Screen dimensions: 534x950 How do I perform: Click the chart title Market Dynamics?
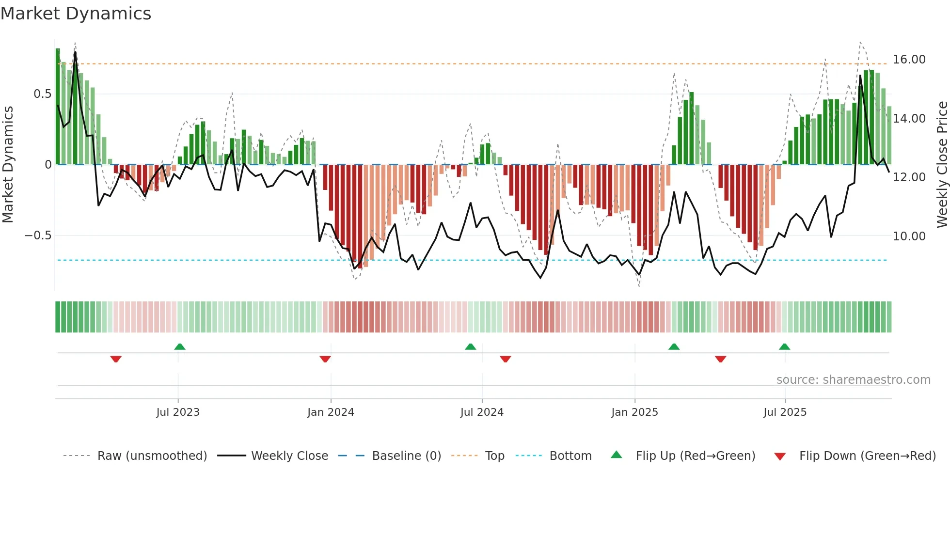click(x=76, y=14)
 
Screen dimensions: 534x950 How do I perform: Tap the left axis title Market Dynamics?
click(x=8, y=164)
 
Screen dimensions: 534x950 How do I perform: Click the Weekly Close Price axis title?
click(x=942, y=164)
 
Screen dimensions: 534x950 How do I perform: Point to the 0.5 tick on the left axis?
click(x=42, y=94)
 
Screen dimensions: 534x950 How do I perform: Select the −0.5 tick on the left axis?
click(x=38, y=236)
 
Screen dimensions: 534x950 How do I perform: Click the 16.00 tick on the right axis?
click(x=909, y=60)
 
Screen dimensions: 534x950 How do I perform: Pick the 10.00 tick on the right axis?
click(x=909, y=236)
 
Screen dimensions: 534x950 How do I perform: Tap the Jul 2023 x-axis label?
click(x=178, y=412)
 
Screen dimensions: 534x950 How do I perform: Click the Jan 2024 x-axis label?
click(x=331, y=412)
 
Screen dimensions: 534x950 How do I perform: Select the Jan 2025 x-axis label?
click(x=634, y=412)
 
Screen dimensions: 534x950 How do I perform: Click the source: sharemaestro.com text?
click(x=853, y=380)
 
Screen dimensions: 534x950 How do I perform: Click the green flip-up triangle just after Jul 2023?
click(x=180, y=347)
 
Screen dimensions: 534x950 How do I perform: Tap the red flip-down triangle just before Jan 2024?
click(x=325, y=359)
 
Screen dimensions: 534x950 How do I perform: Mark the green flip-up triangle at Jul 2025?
click(x=784, y=347)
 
